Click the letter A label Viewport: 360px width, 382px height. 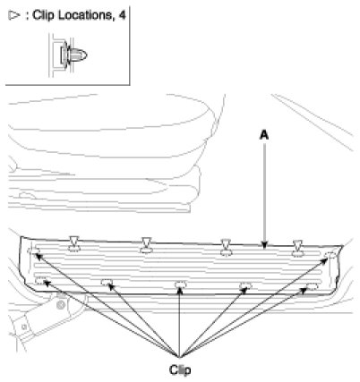pyautogui.click(x=264, y=135)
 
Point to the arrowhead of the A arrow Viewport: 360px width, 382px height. pyautogui.click(x=264, y=245)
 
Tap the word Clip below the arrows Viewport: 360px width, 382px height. pyautogui.click(x=180, y=369)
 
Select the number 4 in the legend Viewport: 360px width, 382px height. pyautogui.click(x=122, y=15)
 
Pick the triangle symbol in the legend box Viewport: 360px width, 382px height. pyautogui.click(x=13, y=15)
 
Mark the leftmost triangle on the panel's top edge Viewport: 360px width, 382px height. pyautogui.click(x=73, y=241)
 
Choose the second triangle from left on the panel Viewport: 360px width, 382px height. pyautogui.click(x=147, y=242)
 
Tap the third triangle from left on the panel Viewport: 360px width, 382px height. pyautogui.click(x=226, y=243)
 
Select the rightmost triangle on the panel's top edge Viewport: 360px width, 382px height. pyautogui.click(x=297, y=244)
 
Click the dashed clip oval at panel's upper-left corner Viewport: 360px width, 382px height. pyautogui.click(x=32, y=251)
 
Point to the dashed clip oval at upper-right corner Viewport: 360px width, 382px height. pyautogui.click(x=330, y=255)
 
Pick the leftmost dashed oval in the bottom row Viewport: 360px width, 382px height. pyautogui.click(x=40, y=280)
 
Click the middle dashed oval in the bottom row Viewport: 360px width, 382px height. pyautogui.click(x=181, y=284)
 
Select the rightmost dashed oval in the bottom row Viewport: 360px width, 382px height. pyautogui.click(x=313, y=286)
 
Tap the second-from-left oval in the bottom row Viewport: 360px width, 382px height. pyautogui.click(x=107, y=282)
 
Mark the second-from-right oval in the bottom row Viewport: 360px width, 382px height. pyautogui.click(x=245, y=285)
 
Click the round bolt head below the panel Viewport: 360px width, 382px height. pyautogui.click(x=61, y=304)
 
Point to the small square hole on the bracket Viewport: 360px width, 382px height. pyautogui.click(x=24, y=327)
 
